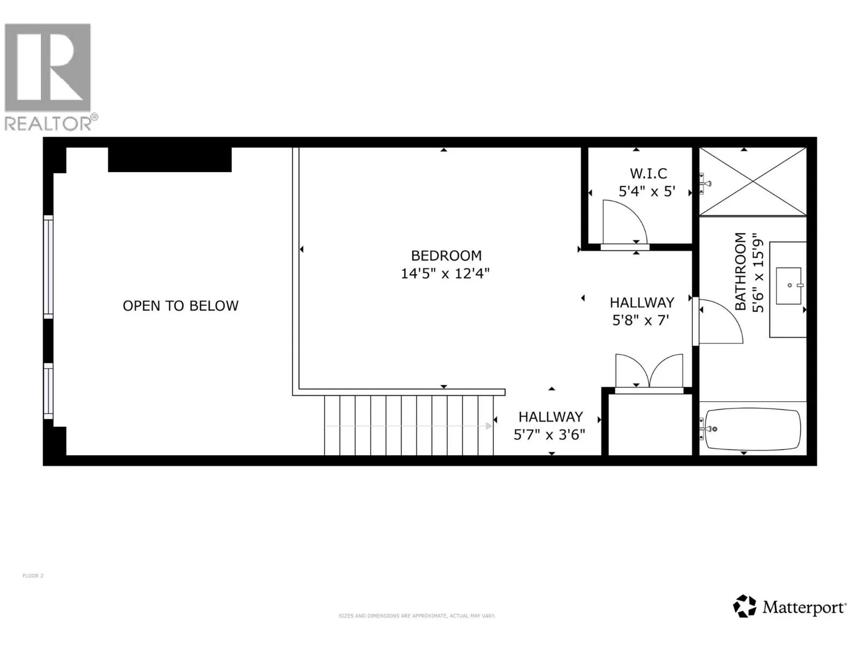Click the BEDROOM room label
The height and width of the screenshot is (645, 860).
446,255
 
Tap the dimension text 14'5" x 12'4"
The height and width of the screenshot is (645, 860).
445,274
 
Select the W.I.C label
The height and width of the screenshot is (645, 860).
648,174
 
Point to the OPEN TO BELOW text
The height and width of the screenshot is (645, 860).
181,306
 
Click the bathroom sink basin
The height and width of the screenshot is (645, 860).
789,285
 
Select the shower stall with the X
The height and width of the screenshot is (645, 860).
752,182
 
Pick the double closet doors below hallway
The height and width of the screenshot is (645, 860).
649,371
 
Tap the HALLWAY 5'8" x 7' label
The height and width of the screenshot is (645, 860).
641,311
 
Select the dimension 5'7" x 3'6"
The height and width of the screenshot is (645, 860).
549,435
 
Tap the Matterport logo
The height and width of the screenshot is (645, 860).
790,607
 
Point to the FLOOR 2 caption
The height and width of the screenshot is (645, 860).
33,576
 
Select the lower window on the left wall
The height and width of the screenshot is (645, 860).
48,391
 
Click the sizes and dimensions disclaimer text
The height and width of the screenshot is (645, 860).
417,616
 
